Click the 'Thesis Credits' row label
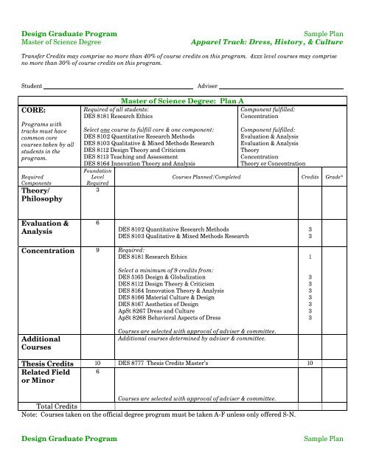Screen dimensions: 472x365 [39, 364]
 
